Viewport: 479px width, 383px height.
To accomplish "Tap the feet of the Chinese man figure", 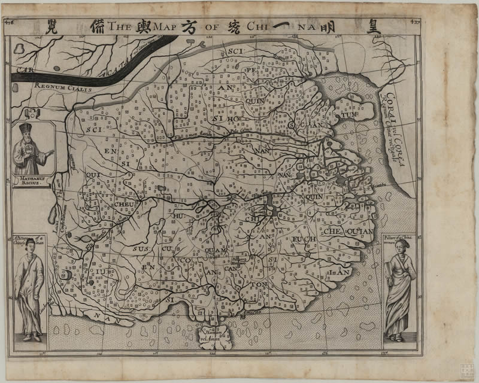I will [32, 338].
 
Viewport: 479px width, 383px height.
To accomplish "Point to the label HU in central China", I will [178, 215].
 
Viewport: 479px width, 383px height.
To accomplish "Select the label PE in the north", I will [250, 69].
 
